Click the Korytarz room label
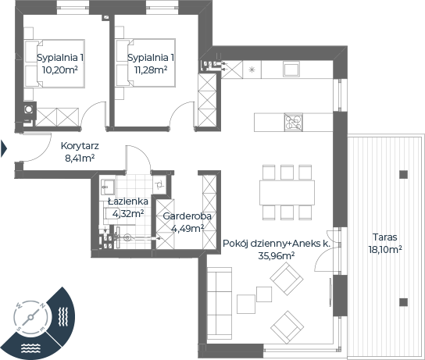click(80, 146)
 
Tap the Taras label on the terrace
click(384, 237)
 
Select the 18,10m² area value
click(385, 249)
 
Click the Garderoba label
click(187, 216)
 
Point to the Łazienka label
click(128, 201)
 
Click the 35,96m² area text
click(277, 255)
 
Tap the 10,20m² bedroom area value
click(60, 70)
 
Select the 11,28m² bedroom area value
click(151, 70)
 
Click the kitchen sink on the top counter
click(291, 69)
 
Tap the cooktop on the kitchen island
click(293, 123)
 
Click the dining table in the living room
click(287, 193)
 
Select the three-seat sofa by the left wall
click(220, 303)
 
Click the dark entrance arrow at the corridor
click(4, 148)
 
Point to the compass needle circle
click(30, 317)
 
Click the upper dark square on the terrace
click(403, 174)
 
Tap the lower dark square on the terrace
click(403, 302)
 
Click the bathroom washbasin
click(108, 187)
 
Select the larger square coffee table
click(246, 305)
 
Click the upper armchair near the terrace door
click(287, 280)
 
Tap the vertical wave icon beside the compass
click(63, 316)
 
